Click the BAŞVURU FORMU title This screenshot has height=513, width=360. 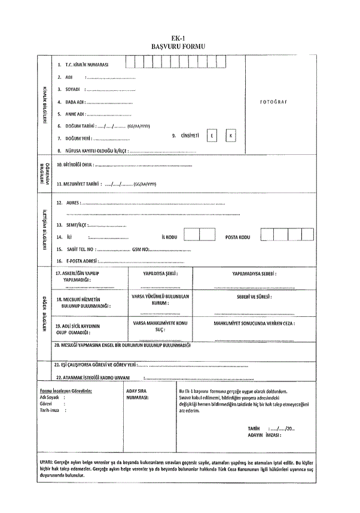coord(179,45)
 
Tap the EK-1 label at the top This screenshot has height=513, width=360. coord(179,37)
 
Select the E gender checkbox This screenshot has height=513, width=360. coord(211,136)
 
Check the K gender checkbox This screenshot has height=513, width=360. coord(231,136)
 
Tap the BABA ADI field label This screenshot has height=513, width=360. coord(75,102)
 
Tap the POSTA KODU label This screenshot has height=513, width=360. coord(237,237)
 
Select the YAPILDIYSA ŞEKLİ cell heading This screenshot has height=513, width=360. coord(160,273)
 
